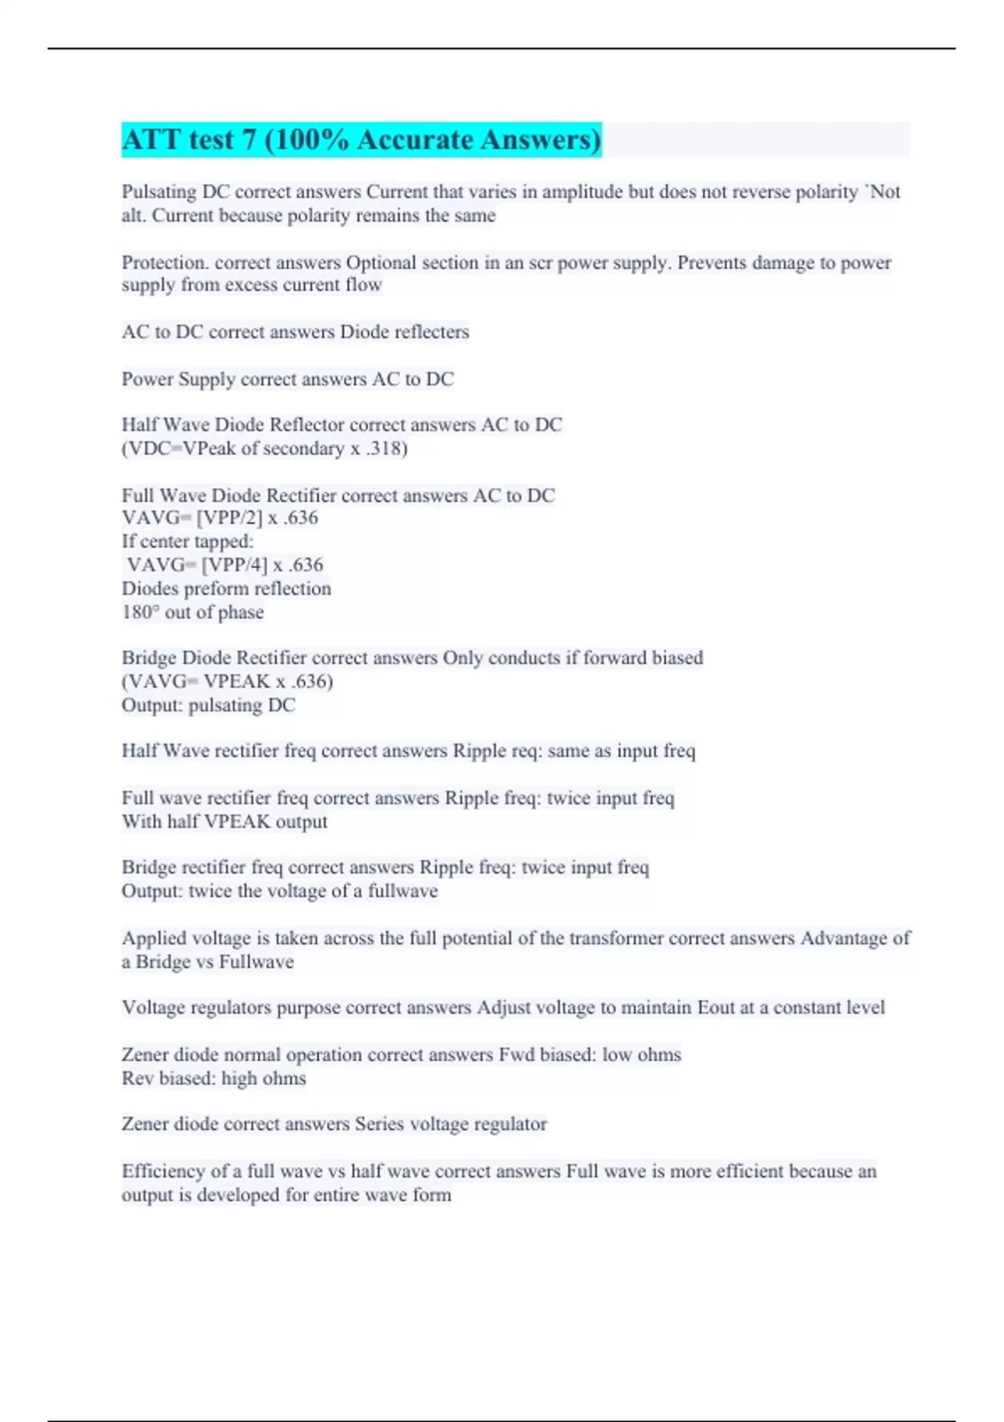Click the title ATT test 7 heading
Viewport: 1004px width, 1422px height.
(x=361, y=140)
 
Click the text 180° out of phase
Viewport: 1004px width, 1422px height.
(x=192, y=612)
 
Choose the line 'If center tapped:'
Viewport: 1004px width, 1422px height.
(x=187, y=541)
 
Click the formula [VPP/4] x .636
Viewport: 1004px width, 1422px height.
(x=262, y=565)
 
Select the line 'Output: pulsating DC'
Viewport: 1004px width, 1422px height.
(x=208, y=705)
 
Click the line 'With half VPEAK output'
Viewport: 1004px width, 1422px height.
(x=224, y=821)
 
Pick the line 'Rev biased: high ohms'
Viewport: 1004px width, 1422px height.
(x=213, y=1079)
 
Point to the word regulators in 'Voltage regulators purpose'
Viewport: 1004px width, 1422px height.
(x=231, y=1008)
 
